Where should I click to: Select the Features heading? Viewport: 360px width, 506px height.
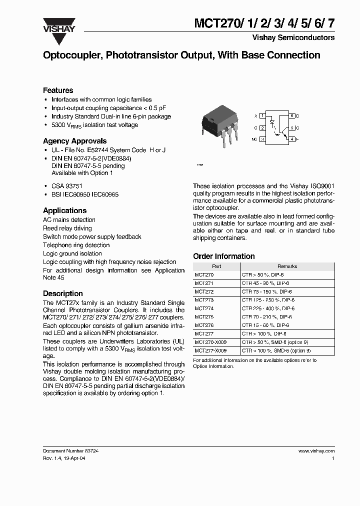tap(58, 90)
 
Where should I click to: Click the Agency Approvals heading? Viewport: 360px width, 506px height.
tap(74, 141)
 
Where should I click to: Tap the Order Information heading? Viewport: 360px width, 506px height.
tap(223, 256)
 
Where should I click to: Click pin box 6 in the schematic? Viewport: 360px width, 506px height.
tap(292, 115)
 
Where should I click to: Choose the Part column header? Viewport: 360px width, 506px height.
tap(216, 266)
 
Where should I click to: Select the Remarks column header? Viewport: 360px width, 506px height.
tap(287, 266)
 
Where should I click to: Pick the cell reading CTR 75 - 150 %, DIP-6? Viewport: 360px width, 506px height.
tap(267, 291)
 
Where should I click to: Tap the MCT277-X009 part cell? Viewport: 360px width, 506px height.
tap(210, 350)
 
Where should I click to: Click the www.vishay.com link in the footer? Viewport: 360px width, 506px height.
tap(316, 450)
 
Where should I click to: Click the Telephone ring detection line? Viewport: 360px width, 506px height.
tap(76, 245)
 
